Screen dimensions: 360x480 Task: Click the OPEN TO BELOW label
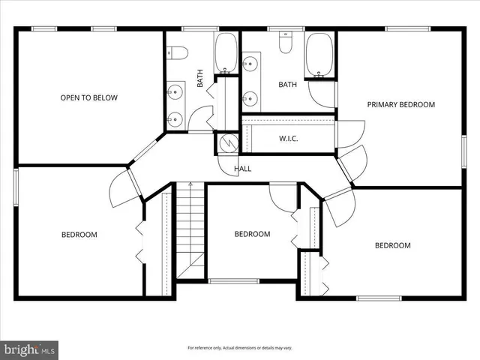[x=89, y=97]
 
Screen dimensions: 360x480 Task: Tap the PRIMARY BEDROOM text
[x=400, y=104]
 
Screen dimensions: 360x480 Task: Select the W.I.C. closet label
[x=289, y=138]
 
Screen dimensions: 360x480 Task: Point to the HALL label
[x=242, y=169]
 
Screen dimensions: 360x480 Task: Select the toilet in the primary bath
[x=286, y=44]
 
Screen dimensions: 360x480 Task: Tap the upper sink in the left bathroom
[x=175, y=92]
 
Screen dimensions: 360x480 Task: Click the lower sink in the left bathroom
[x=175, y=118]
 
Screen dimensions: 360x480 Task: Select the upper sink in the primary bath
[x=249, y=64]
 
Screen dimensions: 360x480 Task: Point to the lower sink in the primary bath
[x=249, y=97]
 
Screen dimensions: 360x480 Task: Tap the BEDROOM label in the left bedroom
[x=79, y=235]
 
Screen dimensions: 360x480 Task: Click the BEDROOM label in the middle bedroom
[x=252, y=234]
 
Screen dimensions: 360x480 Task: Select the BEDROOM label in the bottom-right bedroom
[x=392, y=245]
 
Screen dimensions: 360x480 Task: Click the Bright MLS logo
[x=30, y=349]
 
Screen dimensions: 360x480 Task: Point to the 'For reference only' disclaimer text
[x=239, y=348]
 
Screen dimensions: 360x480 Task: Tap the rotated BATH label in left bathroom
[x=200, y=79]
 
